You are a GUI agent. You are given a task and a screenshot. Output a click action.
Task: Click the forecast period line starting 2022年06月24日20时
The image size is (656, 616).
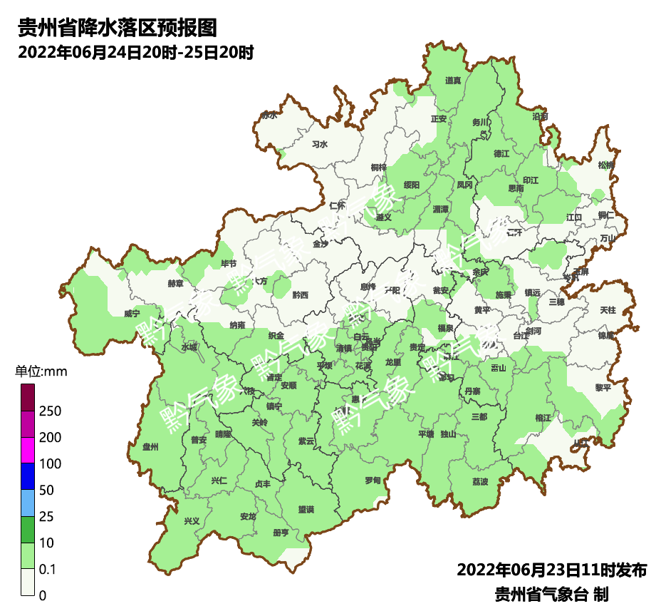(x=135, y=53)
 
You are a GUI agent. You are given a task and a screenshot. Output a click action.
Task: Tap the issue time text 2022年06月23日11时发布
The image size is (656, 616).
(x=551, y=570)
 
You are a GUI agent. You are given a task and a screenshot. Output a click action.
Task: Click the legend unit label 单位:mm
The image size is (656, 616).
(x=41, y=371)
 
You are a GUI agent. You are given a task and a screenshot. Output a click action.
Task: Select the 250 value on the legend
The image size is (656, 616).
(x=50, y=411)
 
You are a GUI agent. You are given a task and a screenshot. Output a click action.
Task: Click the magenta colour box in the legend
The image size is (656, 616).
(x=28, y=449)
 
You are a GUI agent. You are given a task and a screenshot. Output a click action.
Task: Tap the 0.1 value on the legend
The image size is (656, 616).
(x=48, y=570)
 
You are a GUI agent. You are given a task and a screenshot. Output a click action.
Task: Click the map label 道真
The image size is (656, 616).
(x=453, y=81)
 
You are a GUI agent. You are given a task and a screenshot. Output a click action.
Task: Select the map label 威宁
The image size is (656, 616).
(x=132, y=313)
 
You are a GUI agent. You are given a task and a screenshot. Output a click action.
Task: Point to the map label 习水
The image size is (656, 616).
(x=320, y=144)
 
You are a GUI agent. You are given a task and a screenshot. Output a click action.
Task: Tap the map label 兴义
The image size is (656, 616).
(x=192, y=520)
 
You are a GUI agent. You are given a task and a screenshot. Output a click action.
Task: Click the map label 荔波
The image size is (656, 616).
(x=480, y=482)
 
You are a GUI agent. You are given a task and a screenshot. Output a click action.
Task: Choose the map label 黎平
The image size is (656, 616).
(x=603, y=387)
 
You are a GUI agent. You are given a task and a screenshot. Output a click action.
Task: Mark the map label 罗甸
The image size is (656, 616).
(x=373, y=481)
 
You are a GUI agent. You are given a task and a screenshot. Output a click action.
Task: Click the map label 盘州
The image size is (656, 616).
(x=150, y=447)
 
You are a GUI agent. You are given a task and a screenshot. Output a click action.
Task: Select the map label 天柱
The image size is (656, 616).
(x=608, y=310)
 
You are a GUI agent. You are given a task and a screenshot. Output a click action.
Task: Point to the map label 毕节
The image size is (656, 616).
(x=229, y=264)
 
